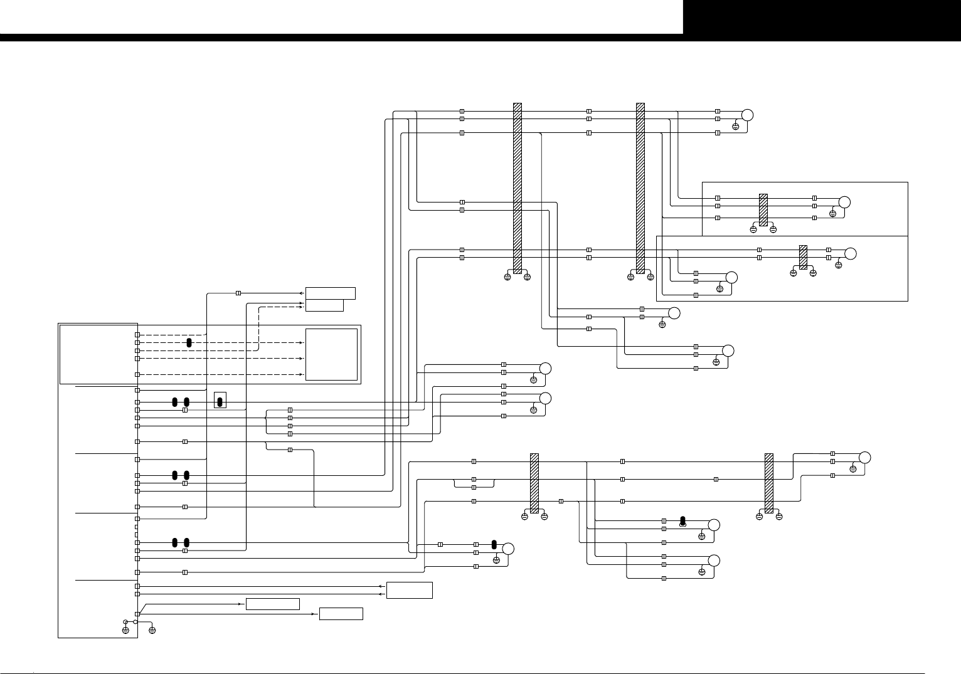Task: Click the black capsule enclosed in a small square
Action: pos(220,401)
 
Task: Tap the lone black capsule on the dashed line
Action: pos(189,342)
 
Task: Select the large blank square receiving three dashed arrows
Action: pos(331,354)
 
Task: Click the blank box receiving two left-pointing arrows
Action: pos(409,590)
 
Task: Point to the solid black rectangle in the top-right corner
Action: pos(822,17)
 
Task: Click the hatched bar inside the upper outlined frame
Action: pos(763,209)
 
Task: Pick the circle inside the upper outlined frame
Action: pos(844,202)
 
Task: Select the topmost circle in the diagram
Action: pos(746,115)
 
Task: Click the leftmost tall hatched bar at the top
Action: pos(518,188)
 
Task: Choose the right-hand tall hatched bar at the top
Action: pos(640,188)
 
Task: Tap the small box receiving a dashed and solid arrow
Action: pos(324,305)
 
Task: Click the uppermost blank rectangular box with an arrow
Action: pos(330,293)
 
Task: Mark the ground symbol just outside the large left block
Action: pos(152,629)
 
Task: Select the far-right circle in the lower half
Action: pos(864,457)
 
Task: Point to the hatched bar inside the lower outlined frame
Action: pos(803,257)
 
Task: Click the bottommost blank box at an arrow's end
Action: pos(341,614)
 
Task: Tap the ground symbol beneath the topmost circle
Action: pos(736,127)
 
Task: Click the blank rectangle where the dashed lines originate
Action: pos(98,354)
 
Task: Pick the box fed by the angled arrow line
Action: pos(272,604)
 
